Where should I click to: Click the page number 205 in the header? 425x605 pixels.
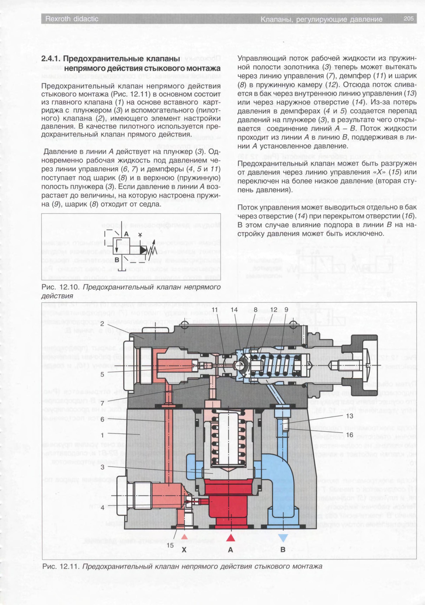(409, 19)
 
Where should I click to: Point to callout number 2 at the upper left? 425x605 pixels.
(102, 324)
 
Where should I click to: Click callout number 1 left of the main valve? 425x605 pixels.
(102, 435)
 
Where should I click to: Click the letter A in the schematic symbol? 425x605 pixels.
(126, 234)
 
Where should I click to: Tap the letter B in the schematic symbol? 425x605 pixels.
(117, 260)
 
